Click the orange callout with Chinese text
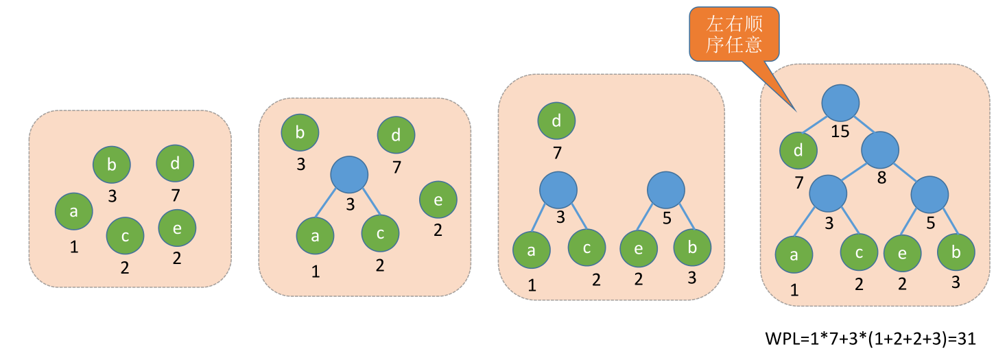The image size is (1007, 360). tap(735, 36)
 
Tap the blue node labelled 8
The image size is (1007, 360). tap(880, 151)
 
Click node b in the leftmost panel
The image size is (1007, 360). tap(112, 165)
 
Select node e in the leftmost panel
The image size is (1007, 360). tap(177, 228)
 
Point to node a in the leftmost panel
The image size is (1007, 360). tap(73, 212)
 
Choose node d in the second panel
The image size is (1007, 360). tap(396, 135)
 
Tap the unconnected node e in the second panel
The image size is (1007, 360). tap(438, 199)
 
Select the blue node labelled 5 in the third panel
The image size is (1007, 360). tap(665, 189)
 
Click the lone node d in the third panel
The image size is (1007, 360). tap(556, 122)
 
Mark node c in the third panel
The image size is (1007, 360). tap(587, 248)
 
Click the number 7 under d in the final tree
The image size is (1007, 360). tap(798, 182)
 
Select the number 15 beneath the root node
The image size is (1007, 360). tap(840, 131)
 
